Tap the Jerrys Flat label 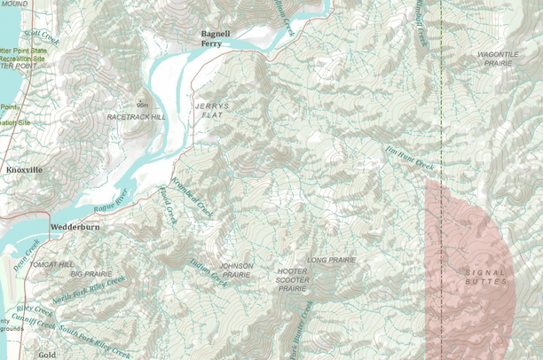tap(211, 111)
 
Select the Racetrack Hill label tap(136, 117)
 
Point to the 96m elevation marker tap(142, 105)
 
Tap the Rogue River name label tap(111, 200)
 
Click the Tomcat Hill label tap(53, 264)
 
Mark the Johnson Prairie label tap(236, 270)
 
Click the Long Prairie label tap(331, 260)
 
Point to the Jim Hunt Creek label tap(410, 160)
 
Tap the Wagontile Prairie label tap(498, 59)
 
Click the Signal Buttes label tap(486, 277)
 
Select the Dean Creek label tap(28, 254)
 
